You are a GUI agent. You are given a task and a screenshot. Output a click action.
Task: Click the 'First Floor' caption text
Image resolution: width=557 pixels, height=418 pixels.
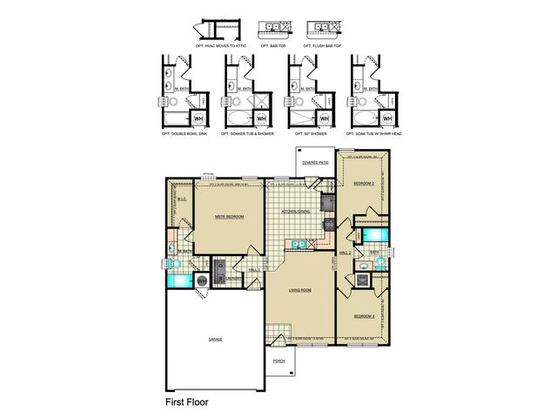click(x=187, y=403)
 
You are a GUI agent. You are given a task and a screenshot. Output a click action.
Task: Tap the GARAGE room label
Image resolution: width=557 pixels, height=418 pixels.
click(x=215, y=339)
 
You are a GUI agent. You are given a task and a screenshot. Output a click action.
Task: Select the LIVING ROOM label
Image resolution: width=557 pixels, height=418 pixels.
click(x=300, y=291)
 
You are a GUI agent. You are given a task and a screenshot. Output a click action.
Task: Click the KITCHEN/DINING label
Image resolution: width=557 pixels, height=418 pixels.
click(x=296, y=212)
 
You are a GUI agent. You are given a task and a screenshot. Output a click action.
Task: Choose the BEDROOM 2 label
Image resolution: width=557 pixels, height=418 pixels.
click(x=363, y=184)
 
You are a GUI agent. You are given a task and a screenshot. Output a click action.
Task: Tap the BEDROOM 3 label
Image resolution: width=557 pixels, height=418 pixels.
click(x=363, y=315)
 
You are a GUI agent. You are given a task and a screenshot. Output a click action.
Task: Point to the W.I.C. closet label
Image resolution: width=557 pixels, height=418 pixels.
click(x=181, y=199)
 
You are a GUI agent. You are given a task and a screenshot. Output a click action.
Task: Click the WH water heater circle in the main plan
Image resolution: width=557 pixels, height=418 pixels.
click(x=202, y=280)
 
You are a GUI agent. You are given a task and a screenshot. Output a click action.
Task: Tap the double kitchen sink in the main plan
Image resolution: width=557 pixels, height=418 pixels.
click(x=299, y=246)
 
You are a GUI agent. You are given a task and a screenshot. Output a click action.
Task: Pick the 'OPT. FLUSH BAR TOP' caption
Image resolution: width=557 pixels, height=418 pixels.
click(x=321, y=45)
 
